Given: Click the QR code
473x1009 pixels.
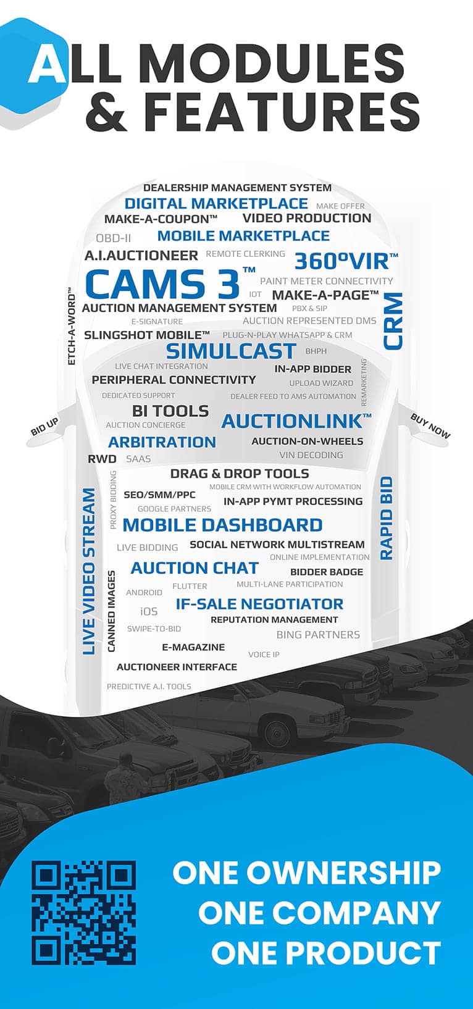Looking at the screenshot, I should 84,913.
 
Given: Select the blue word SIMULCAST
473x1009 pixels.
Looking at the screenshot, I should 231,351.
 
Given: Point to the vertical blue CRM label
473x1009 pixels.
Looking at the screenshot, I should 393,321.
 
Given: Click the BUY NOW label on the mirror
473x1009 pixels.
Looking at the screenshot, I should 430,427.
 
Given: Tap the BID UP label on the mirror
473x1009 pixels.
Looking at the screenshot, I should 44,427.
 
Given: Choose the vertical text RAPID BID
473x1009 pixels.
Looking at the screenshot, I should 387,518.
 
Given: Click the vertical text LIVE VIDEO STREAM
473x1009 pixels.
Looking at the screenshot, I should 90,571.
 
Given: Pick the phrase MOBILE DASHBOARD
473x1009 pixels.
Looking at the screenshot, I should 222,525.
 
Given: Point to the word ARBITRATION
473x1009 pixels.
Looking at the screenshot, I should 162,442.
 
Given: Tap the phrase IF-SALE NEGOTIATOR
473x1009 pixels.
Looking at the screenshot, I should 259,604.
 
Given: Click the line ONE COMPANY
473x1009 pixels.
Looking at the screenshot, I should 319,913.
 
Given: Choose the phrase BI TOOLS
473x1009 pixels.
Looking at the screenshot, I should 170,411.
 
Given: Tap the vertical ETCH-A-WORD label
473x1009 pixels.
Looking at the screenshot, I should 71,327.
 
